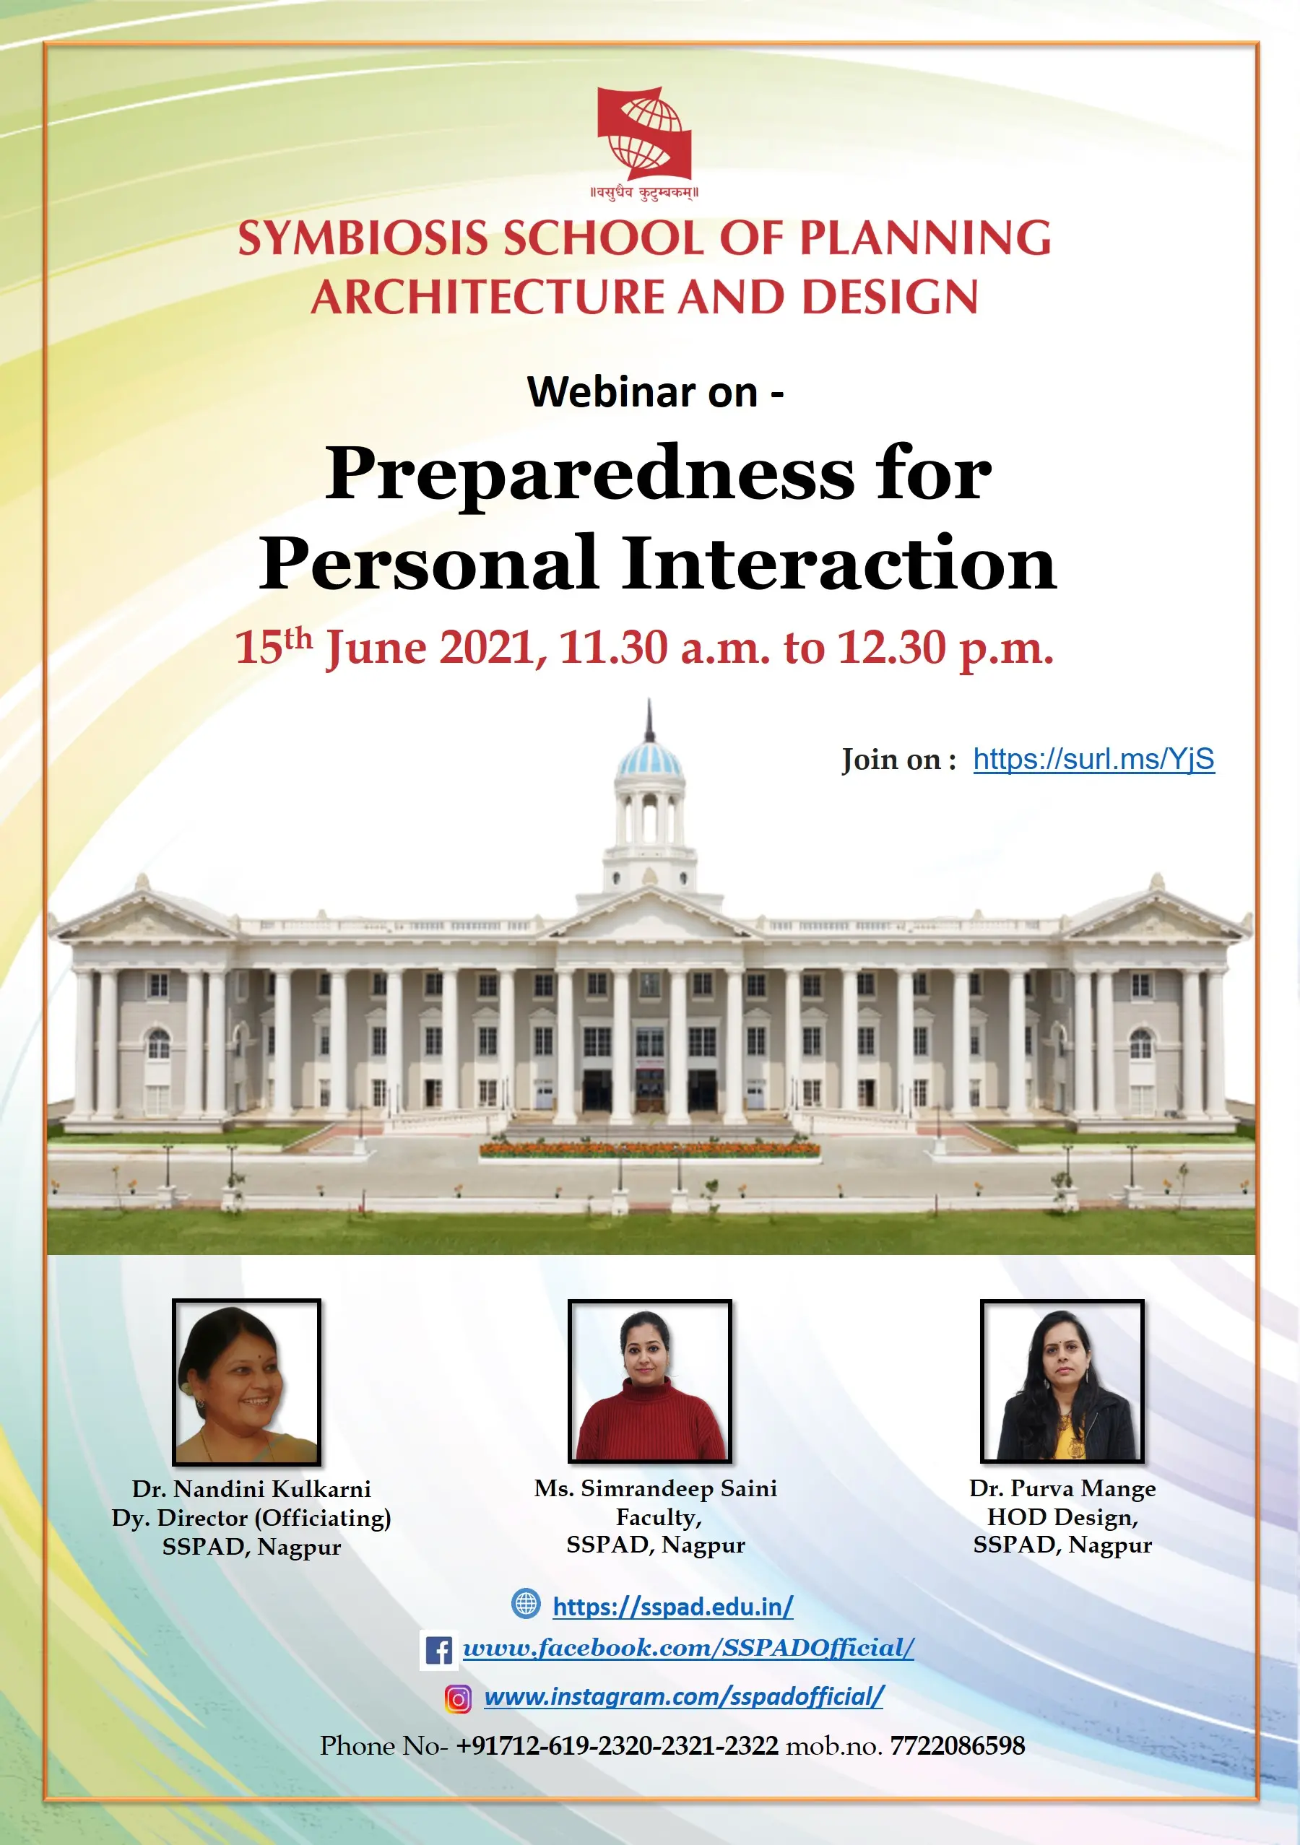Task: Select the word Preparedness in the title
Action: (590, 475)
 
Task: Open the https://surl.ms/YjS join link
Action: (1093, 760)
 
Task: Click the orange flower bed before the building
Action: (649, 1150)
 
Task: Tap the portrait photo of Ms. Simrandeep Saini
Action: (650, 1381)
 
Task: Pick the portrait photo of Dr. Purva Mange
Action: (1062, 1381)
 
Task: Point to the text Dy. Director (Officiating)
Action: (251, 1518)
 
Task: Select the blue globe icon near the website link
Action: (526, 1604)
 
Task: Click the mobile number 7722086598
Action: (958, 1745)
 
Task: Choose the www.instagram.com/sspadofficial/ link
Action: (684, 1697)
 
